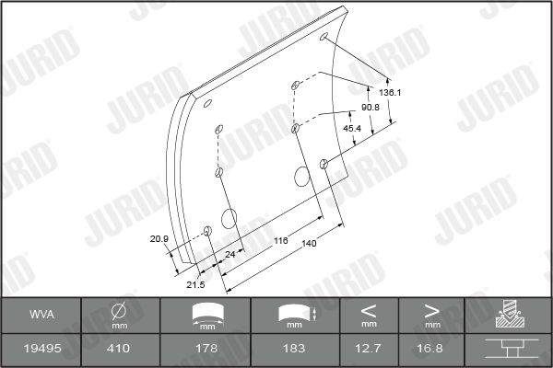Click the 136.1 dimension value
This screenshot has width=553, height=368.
(x=390, y=93)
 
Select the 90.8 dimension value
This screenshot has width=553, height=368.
(x=370, y=108)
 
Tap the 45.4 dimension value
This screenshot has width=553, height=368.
(x=352, y=129)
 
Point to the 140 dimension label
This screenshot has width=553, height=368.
(x=309, y=243)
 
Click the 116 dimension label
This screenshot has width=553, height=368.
(x=281, y=240)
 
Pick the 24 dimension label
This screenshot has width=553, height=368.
(x=229, y=254)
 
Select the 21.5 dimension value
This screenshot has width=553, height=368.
(x=195, y=284)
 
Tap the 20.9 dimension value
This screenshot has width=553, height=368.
(x=159, y=239)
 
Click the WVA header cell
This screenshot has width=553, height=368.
(x=42, y=314)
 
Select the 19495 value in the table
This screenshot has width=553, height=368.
(x=42, y=349)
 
